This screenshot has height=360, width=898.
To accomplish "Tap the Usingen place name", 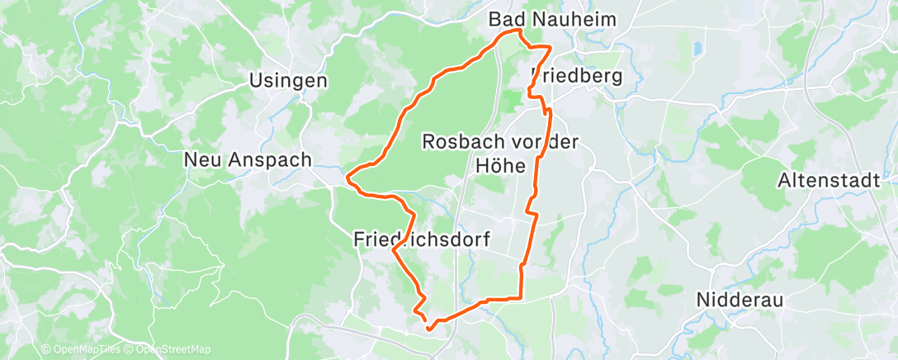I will click(x=289, y=81).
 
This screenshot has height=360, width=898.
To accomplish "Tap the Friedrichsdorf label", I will click(x=422, y=240).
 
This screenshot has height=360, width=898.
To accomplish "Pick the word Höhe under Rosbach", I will click(x=501, y=166).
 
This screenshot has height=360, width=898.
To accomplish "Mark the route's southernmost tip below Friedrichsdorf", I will click(x=428, y=329).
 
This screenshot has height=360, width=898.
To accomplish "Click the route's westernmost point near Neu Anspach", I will click(x=348, y=176).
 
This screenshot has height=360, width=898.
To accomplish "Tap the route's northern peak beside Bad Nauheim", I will click(x=519, y=31).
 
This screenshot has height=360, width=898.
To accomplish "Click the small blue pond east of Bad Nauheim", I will click(x=697, y=48).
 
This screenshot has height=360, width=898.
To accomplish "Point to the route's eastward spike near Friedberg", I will click(x=549, y=48).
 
